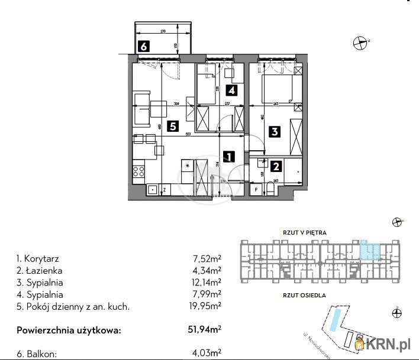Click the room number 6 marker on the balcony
pos(144,46)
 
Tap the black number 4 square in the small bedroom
pos(231,90)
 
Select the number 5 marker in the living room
pos(172,125)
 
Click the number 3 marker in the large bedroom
pos(274,132)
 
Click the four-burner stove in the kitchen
pos(139,171)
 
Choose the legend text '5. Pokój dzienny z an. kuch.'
pos(73,306)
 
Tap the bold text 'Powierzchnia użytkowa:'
pos(69,330)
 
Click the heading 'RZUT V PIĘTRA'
pos(304,233)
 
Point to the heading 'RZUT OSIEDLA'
pos(304,294)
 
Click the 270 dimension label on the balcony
pos(163,31)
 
